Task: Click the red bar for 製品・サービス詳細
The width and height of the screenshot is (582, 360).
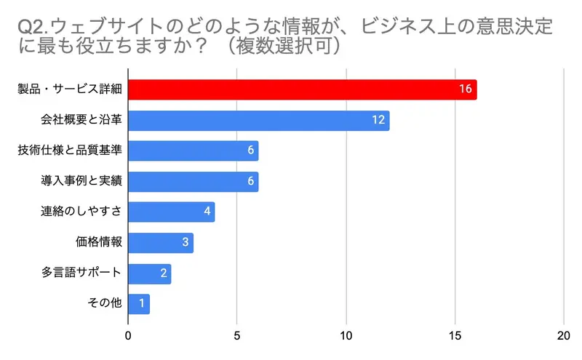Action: point(302,89)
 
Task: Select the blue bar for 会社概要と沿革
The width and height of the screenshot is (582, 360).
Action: point(258,120)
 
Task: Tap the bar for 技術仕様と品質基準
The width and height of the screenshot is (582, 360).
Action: point(193,151)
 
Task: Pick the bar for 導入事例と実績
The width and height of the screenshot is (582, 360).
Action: point(193,181)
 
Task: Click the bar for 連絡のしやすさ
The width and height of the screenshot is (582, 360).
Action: point(171,212)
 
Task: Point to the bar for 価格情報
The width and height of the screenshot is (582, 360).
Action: point(160,242)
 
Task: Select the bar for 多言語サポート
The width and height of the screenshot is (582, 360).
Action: point(149,273)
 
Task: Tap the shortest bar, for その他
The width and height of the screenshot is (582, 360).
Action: point(138,303)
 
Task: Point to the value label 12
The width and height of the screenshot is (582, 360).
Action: point(378,120)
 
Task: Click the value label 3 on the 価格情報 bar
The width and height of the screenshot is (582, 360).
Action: point(185,242)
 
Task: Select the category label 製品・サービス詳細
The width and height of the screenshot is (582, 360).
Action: point(70,89)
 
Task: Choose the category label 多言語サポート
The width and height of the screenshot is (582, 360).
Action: point(81,273)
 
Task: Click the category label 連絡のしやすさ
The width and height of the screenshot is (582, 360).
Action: point(81,212)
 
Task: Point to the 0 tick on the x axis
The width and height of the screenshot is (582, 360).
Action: point(128,336)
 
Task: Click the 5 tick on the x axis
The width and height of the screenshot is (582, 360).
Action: point(236,336)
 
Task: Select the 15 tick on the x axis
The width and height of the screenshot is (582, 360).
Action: point(455,336)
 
